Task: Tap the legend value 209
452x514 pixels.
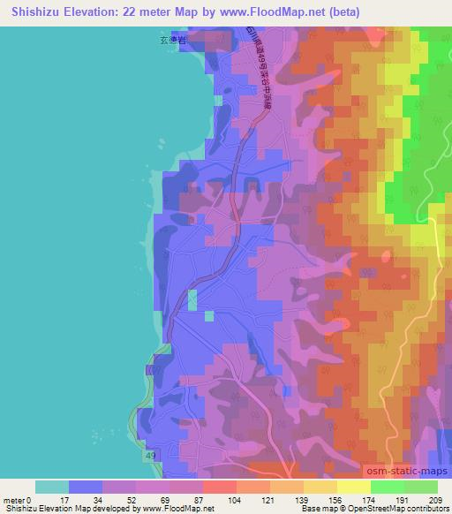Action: tap(436, 500)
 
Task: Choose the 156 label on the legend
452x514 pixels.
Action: tap(336, 500)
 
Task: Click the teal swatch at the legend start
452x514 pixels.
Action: tap(52, 488)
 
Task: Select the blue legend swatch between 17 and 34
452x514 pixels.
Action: tap(86, 488)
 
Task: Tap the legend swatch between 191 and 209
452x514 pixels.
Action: tap(421, 488)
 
